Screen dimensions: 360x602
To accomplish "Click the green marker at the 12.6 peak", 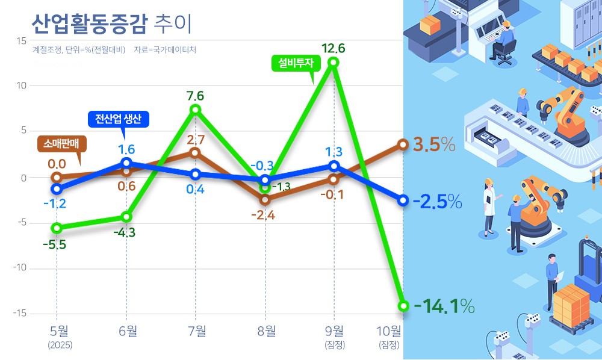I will (334, 62).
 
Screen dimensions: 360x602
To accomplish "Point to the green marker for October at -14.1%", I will (403, 306).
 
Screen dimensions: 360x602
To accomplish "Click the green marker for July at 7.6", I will (195, 110).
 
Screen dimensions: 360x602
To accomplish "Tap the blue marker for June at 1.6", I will (126, 163).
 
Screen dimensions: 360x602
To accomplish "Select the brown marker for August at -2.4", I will (265, 199).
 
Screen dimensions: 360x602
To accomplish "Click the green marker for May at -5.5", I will (57, 228).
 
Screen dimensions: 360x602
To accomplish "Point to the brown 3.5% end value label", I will (433, 145).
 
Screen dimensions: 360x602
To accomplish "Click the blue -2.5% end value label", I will (437, 201).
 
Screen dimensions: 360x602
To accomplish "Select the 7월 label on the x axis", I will (196, 331).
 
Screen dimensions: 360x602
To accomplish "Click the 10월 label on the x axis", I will (388, 331).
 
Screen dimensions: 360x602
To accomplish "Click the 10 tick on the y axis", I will (20, 86).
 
